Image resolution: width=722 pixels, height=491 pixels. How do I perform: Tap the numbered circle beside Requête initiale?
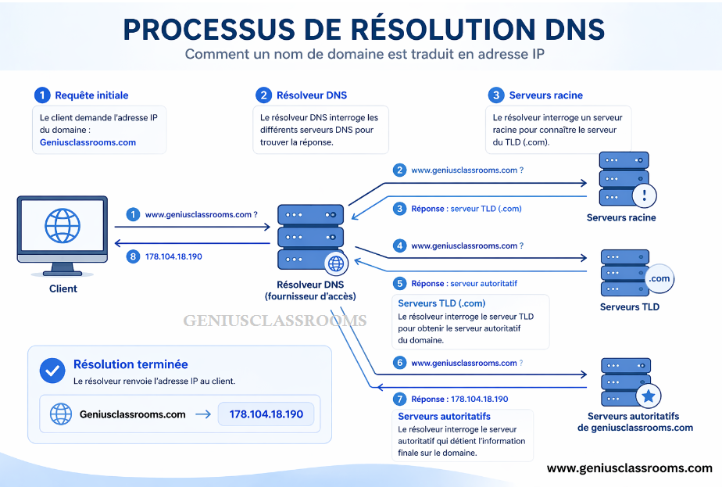pos(42,95)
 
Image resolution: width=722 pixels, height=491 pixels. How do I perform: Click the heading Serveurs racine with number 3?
pos(545,95)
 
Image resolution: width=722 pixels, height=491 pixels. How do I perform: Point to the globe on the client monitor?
pos(63,225)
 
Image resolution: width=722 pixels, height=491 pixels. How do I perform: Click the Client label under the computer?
pos(63,289)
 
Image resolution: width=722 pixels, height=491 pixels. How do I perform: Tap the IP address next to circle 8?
pos(173,256)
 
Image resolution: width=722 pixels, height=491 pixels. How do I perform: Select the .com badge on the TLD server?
pos(659,279)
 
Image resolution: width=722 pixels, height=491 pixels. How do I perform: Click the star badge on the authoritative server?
pos(648,396)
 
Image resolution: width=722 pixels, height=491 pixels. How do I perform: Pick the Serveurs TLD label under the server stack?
pos(629,307)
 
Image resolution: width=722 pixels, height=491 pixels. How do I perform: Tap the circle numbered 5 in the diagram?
pos(400,284)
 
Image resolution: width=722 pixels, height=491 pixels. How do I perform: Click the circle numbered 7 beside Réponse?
pos(400,399)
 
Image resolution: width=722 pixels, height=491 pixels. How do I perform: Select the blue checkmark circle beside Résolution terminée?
pos(52,370)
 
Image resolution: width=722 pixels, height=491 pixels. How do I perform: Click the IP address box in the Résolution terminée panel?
pos(266,414)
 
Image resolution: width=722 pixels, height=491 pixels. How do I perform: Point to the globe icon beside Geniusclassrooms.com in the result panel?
pos(61,414)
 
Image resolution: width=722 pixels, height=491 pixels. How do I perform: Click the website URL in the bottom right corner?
pos(629,468)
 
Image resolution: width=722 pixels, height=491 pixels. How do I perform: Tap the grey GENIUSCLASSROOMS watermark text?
pos(274,321)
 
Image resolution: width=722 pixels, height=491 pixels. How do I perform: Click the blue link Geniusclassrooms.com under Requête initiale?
pos(88,142)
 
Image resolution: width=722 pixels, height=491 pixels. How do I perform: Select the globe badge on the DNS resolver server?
pos(335,263)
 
